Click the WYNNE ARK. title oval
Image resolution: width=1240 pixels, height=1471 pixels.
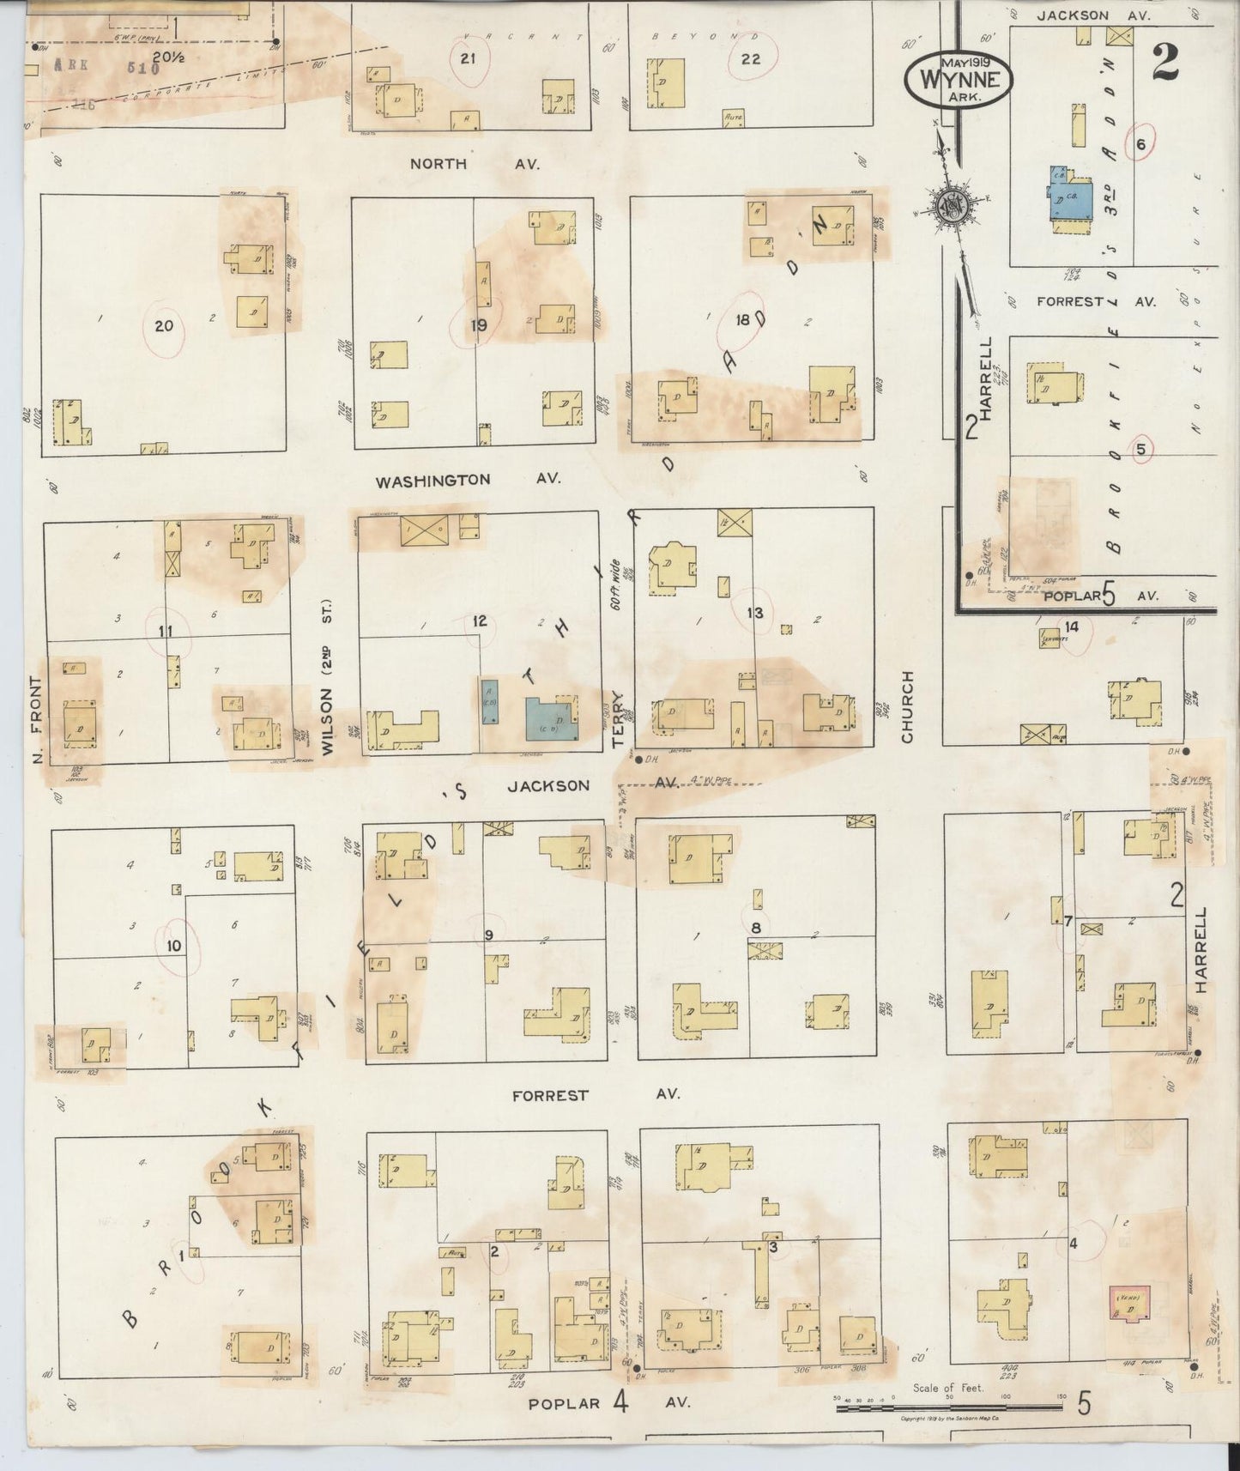click(x=959, y=76)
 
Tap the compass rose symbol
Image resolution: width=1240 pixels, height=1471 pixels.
click(x=951, y=208)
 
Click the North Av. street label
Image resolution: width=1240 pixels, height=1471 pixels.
click(x=474, y=164)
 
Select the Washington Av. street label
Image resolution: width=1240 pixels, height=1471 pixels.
click(x=469, y=481)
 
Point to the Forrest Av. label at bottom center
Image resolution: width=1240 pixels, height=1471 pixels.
click(x=595, y=1095)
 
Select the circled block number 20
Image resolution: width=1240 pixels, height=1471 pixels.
click(x=164, y=326)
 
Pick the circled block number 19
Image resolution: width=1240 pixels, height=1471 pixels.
click(x=478, y=324)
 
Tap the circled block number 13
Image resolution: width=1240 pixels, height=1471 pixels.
click(x=754, y=612)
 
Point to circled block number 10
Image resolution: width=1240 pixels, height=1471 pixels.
click(x=174, y=946)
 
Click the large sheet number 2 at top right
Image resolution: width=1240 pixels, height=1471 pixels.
click(x=1164, y=63)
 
